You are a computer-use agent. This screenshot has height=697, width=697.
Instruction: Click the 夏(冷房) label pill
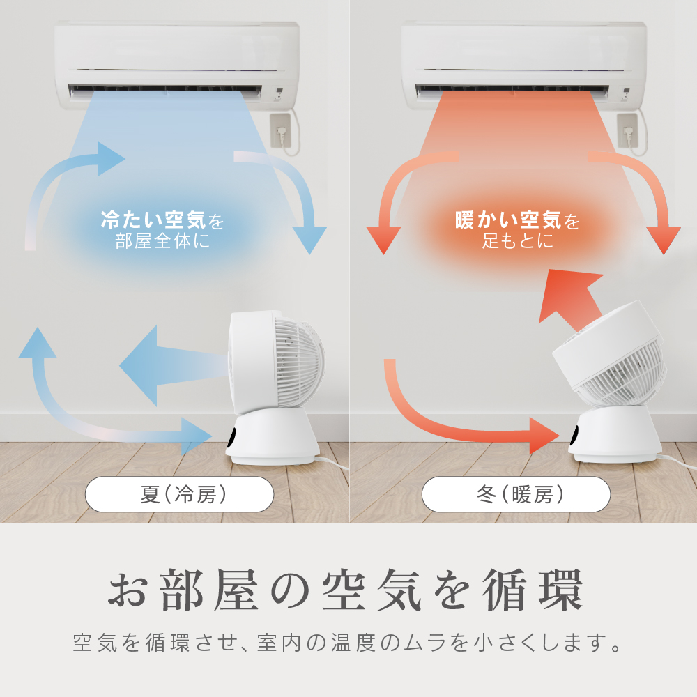click(x=179, y=494)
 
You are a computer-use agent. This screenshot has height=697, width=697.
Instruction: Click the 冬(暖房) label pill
click(x=516, y=494)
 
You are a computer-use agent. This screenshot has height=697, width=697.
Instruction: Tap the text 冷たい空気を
click(x=162, y=220)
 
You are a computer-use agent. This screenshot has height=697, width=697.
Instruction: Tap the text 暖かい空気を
click(x=517, y=220)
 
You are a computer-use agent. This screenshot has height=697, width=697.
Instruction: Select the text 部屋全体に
click(x=162, y=241)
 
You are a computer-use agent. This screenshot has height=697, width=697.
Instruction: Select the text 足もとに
click(x=518, y=241)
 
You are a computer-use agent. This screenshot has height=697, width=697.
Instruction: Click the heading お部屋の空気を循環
click(x=346, y=590)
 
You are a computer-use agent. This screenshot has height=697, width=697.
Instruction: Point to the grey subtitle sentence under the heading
click(x=347, y=643)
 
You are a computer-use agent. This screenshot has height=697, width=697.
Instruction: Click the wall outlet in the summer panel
click(x=281, y=131)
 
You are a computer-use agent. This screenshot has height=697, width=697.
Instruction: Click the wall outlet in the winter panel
click(x=627, y=131)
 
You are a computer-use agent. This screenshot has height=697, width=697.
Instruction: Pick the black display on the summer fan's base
click(x=232, y=438)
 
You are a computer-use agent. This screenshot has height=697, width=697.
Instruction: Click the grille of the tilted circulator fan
click(x=622, y=374)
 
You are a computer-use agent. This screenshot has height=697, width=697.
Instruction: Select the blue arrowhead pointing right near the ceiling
click(x=111, y=159)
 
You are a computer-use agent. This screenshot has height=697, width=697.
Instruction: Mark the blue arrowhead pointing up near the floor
click(x=38, y=342)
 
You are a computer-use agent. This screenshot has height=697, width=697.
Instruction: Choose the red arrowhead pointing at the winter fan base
click(x=544, y=435)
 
